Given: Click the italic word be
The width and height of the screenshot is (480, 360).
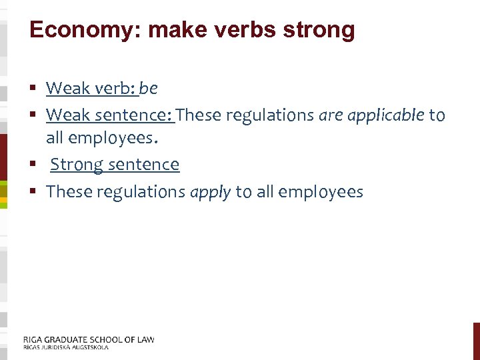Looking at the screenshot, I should pos(149,88).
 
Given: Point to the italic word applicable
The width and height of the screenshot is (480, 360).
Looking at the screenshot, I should pos(391,115).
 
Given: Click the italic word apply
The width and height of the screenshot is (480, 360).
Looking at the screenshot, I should pos(211,192).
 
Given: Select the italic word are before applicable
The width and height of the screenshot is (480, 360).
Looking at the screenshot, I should pos(331,115).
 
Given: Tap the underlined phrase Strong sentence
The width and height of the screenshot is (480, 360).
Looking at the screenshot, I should pos(115,165).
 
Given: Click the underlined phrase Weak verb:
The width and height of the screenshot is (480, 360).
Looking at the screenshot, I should pos(91,88).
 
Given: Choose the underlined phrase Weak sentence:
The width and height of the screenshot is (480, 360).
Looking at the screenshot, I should pos(110,115).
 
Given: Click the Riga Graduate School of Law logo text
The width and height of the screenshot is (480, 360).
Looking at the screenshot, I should pos(89,339).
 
